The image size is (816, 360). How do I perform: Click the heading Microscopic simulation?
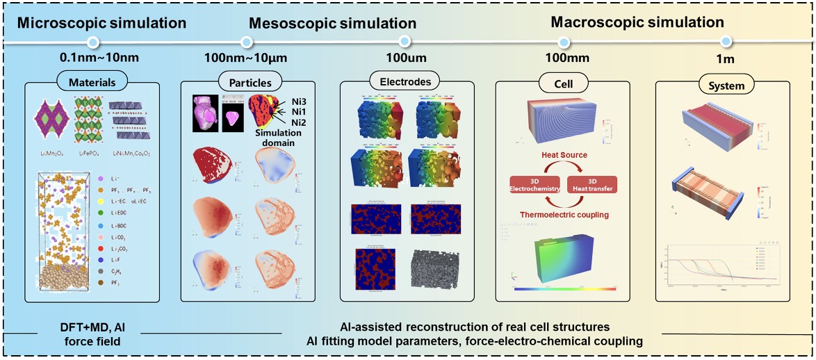tap(101, 23)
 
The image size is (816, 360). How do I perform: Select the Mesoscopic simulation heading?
tap(332, 24)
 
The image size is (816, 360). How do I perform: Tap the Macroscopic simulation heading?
tap(637, 22)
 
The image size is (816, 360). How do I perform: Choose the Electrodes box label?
tap(406, 81)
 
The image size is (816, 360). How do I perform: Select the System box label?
tap(723, 86)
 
